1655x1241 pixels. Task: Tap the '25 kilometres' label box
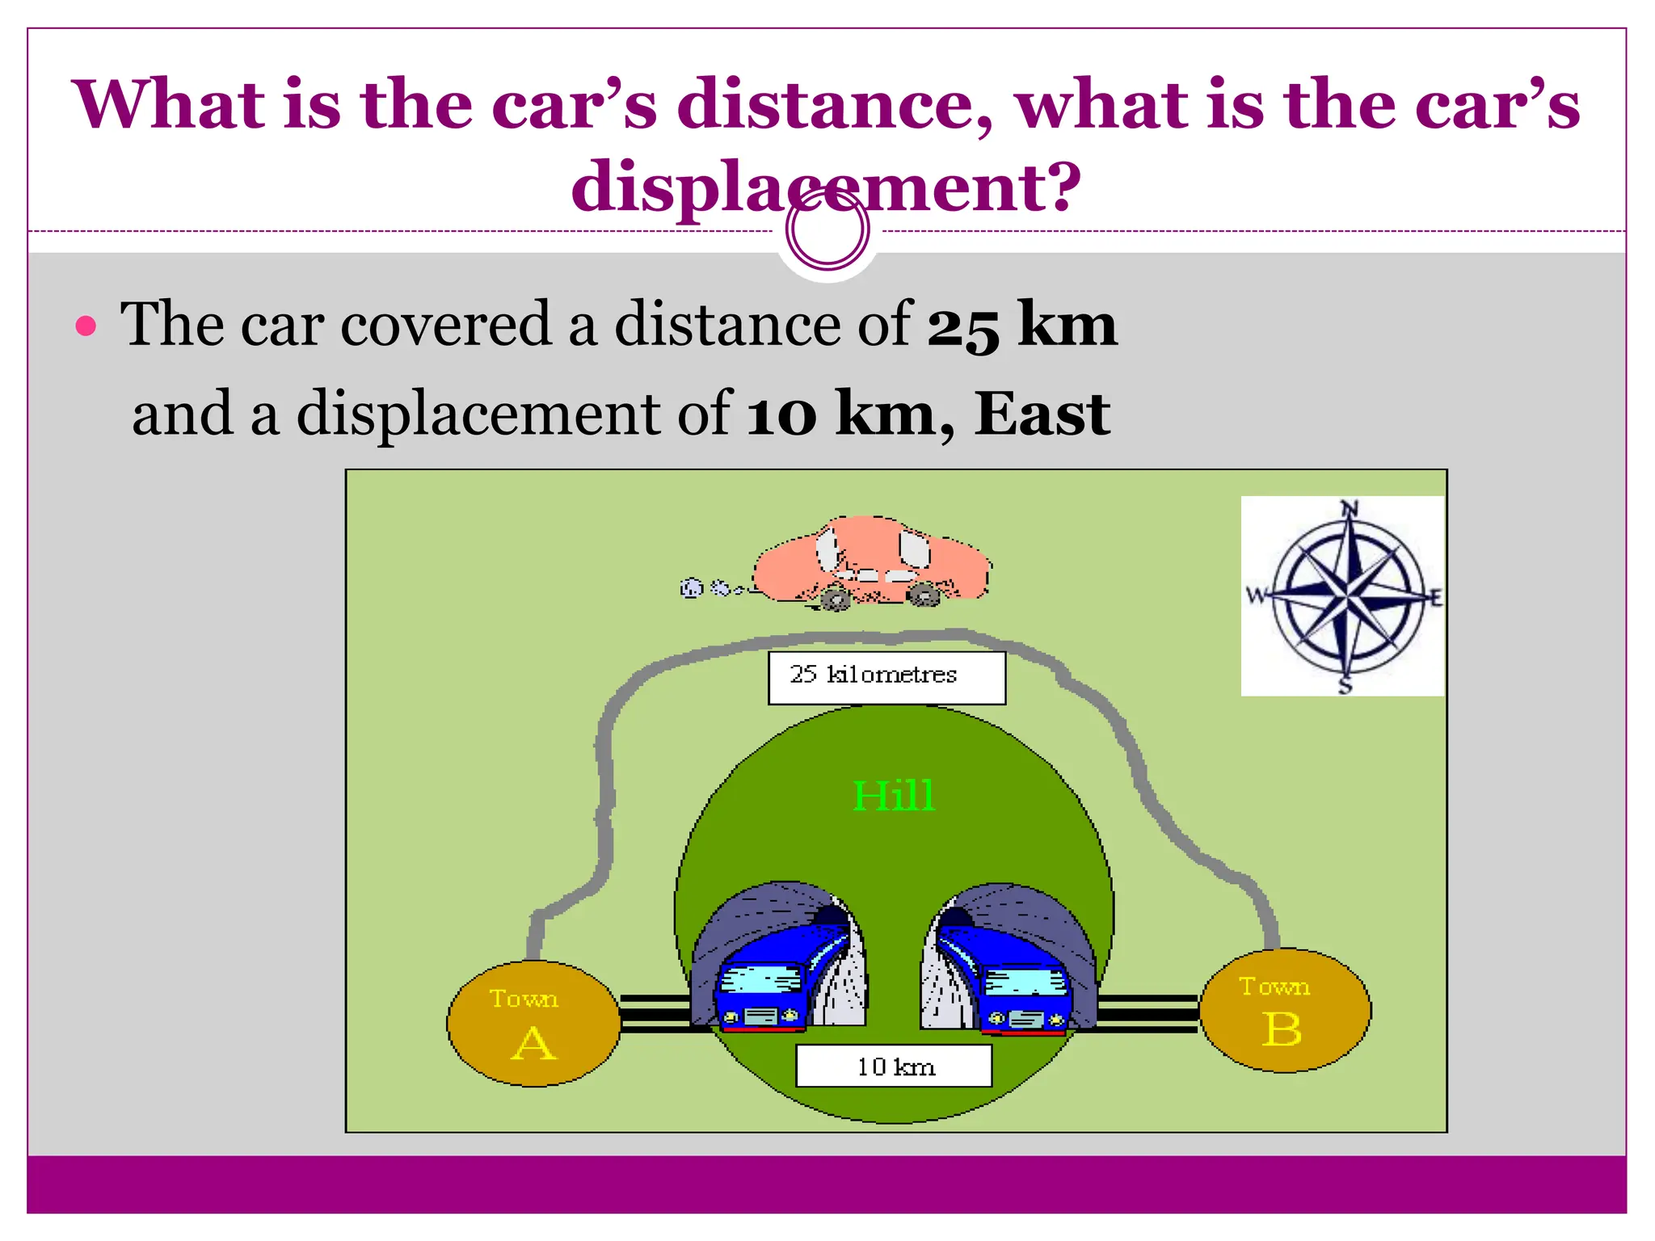coord(886,677)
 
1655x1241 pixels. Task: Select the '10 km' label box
coord(894,1066)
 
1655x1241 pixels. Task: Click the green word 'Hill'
coord(894,796)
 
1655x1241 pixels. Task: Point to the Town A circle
coord(533,1024)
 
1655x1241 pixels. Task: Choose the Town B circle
coord(1285,1012)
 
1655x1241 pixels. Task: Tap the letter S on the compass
coord(1345,687)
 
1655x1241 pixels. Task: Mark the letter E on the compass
coord(1435,599)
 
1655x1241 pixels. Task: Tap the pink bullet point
coord(86,326)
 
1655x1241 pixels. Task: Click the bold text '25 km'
coord(1021,325)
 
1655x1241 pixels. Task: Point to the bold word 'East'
coord(1042,414)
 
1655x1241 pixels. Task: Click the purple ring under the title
coord(827,229)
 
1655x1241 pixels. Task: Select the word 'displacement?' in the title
coord(826,186)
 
